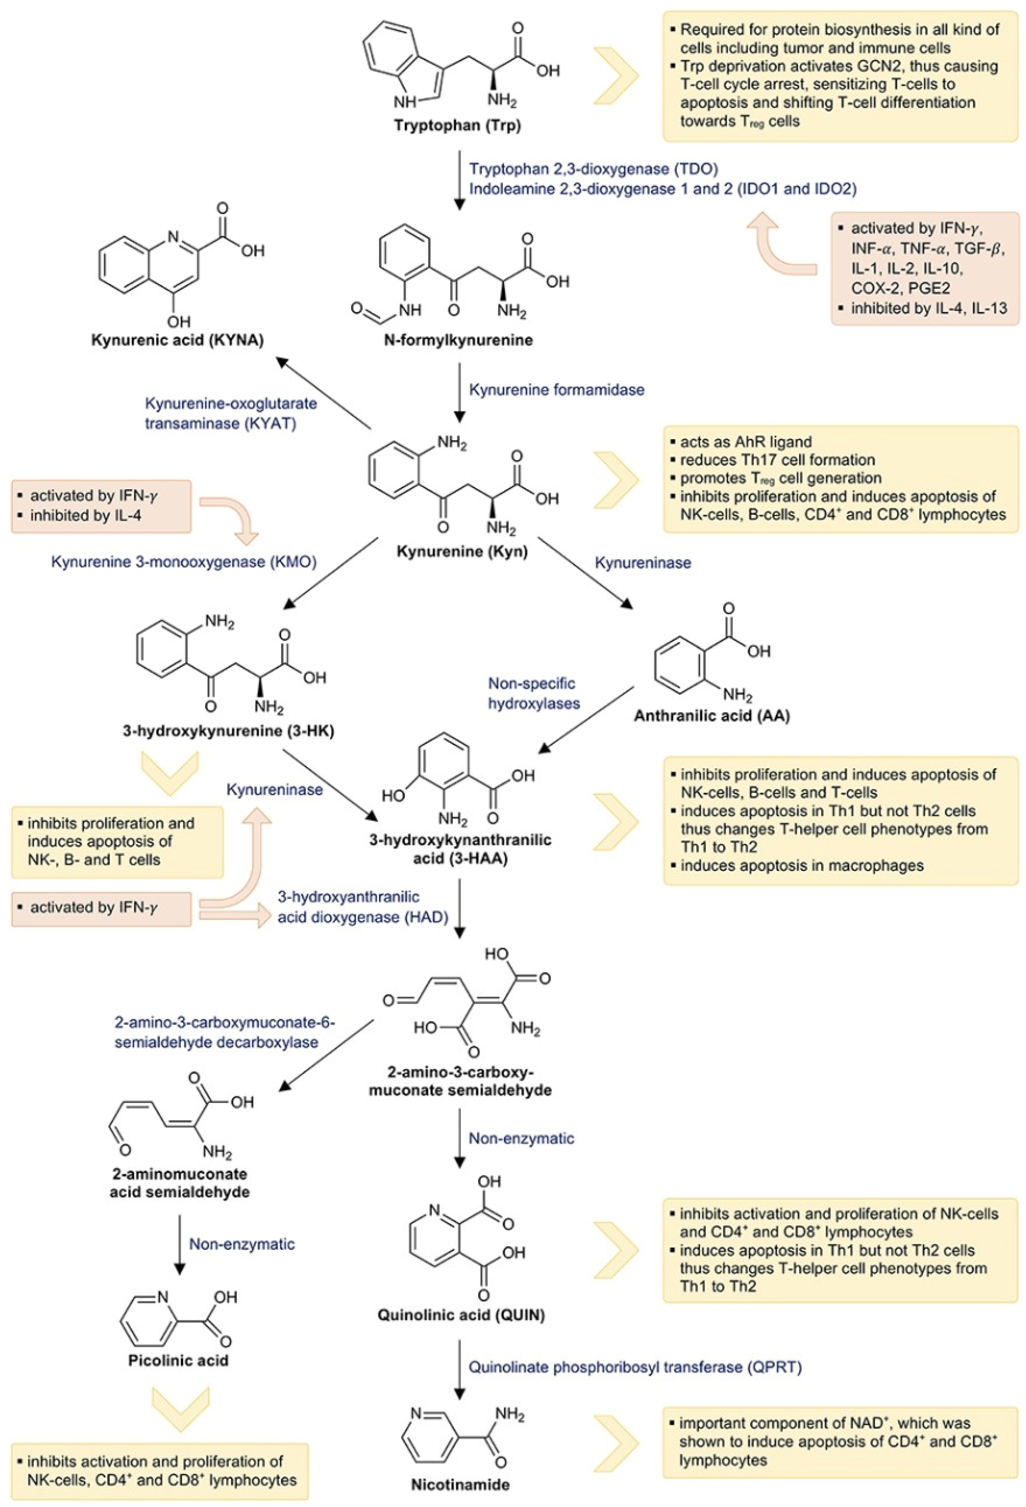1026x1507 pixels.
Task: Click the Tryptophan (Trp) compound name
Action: point(457,125)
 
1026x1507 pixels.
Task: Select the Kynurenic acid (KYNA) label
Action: point(177,340)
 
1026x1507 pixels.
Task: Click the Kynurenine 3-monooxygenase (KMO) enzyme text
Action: point(184,562)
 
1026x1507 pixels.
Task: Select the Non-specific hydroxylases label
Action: point(533,693)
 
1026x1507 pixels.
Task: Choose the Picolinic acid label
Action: point(178,1359)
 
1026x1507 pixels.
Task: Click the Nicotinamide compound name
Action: point(460,1484)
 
